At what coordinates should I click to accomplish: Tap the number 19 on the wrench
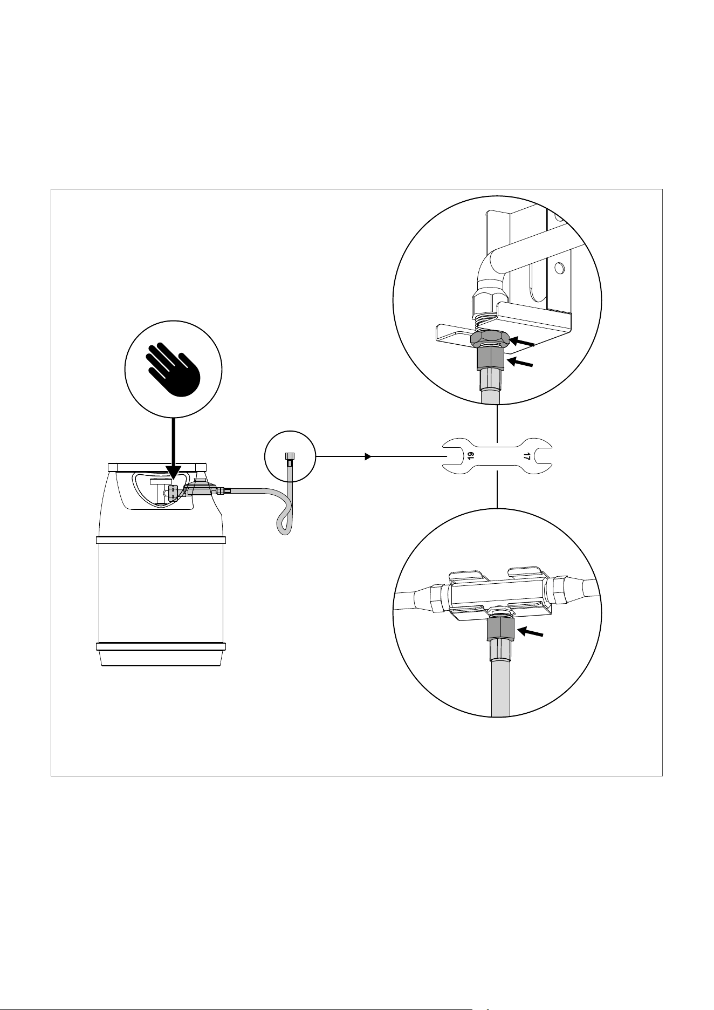pos(470,456)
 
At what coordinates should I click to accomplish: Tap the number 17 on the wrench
pos(527,456)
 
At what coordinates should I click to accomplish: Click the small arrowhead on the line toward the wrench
pos(368,456)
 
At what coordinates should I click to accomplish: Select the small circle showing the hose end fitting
pos(290,456)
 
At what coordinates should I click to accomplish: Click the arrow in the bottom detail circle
pos(531,631)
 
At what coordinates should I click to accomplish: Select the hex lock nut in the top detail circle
pos(490,338)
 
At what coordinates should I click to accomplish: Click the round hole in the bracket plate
pos(559,267)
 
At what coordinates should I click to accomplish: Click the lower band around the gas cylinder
pos(161,646)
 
